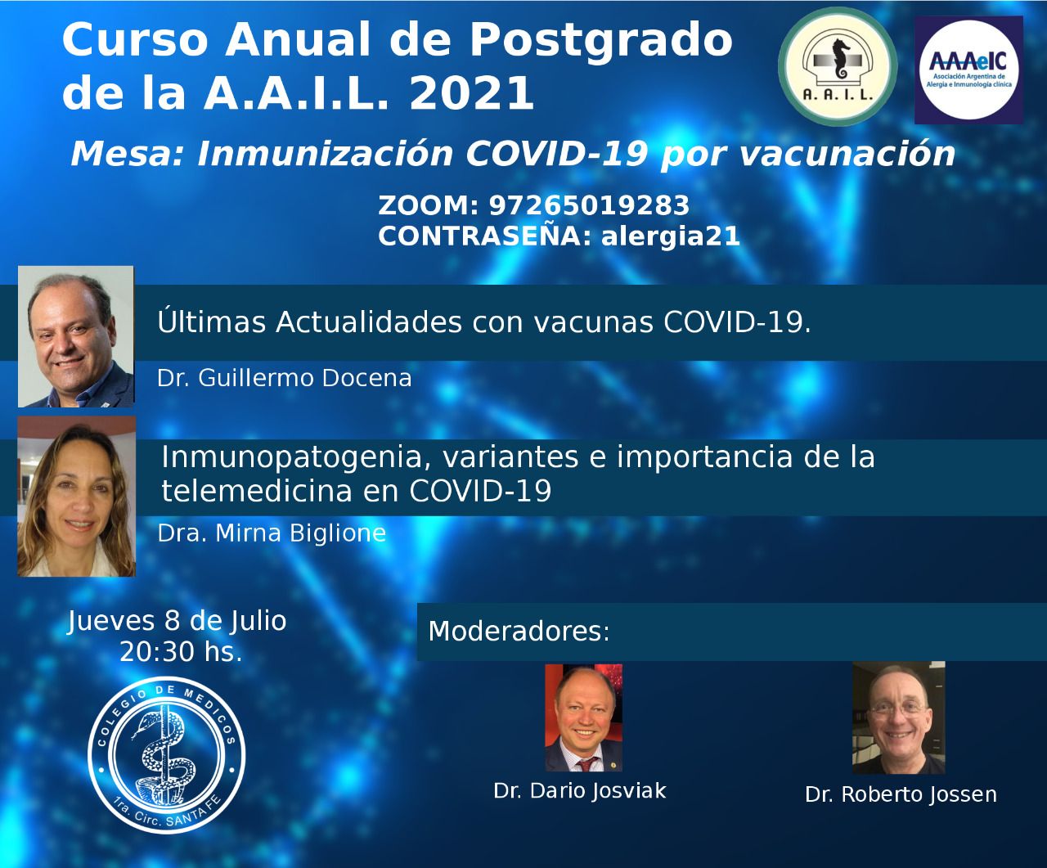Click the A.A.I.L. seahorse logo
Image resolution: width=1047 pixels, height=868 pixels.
click(838, 66)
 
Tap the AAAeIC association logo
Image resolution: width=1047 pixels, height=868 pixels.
click(968, 70)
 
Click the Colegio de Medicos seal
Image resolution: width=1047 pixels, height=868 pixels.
click(167, 755)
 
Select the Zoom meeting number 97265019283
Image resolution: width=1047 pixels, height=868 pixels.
click(589, 205)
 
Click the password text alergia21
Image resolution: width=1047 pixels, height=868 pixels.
click(671, 236)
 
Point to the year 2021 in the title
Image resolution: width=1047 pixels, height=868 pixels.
click(471, 92)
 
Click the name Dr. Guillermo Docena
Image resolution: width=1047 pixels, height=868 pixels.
click(285, 378)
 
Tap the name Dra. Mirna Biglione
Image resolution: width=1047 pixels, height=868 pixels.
click(272, 533)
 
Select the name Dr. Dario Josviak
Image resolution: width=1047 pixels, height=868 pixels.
click(580, 791)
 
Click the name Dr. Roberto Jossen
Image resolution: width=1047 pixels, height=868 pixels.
click(901, 795)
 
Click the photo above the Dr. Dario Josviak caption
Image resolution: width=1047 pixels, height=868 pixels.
click(584, 717)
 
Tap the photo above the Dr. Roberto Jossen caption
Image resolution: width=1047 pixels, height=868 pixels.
click(899, 717)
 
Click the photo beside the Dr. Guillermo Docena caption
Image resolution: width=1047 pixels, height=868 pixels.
click(76, 336)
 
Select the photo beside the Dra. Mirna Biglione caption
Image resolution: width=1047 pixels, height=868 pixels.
click(77, 497)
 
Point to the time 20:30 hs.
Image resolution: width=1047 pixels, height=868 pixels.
click(181, 652)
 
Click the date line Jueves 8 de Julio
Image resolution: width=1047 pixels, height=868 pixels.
click(177, 621)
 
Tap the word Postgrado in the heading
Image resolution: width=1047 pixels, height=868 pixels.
click(600, 41)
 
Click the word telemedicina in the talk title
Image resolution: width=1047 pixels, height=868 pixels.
click(256, 490)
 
